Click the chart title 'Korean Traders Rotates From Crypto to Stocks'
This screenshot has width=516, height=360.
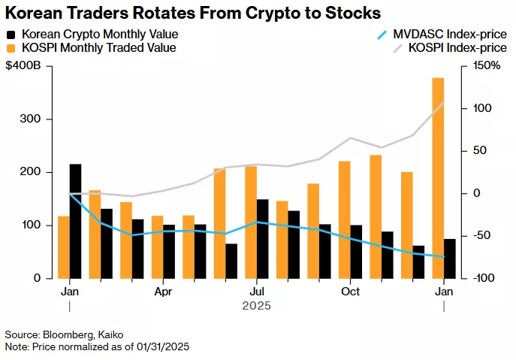point(192,13)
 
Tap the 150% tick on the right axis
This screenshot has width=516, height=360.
point(486,66)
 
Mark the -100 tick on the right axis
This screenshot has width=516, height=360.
point(484,278)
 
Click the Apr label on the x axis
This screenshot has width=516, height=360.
point(163,291)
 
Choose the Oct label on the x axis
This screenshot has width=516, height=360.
point(350,291)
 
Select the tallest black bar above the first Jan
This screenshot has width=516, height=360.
point(75,221)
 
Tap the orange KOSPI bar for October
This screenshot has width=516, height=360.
point(344,219)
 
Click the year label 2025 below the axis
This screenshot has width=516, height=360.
point(256,306)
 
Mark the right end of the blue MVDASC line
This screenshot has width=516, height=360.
point(444,257)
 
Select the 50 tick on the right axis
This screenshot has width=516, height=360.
point(481,151)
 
